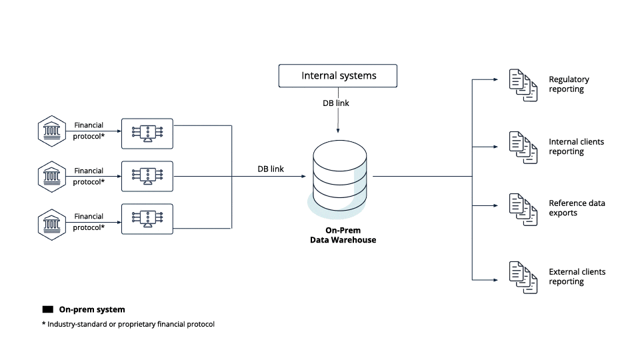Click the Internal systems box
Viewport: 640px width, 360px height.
(338, 75)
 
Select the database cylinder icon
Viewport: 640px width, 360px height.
(339, 177)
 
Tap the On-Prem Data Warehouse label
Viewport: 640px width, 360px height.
(343, 235)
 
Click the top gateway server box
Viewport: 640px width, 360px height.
(147, 133)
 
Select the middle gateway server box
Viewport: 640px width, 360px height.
(147, 177)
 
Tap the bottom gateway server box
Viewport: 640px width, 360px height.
(147, 219)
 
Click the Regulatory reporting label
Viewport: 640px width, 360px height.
(569, 84)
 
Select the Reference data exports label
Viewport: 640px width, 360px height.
(577, 208)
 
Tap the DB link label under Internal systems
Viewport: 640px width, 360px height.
(335, 103)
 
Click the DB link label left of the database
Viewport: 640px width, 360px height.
(271, 169)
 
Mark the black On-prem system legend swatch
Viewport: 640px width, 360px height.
(47, 310)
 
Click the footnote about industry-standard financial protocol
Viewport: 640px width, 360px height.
(128, 325)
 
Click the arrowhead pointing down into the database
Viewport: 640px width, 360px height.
(339, 130)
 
